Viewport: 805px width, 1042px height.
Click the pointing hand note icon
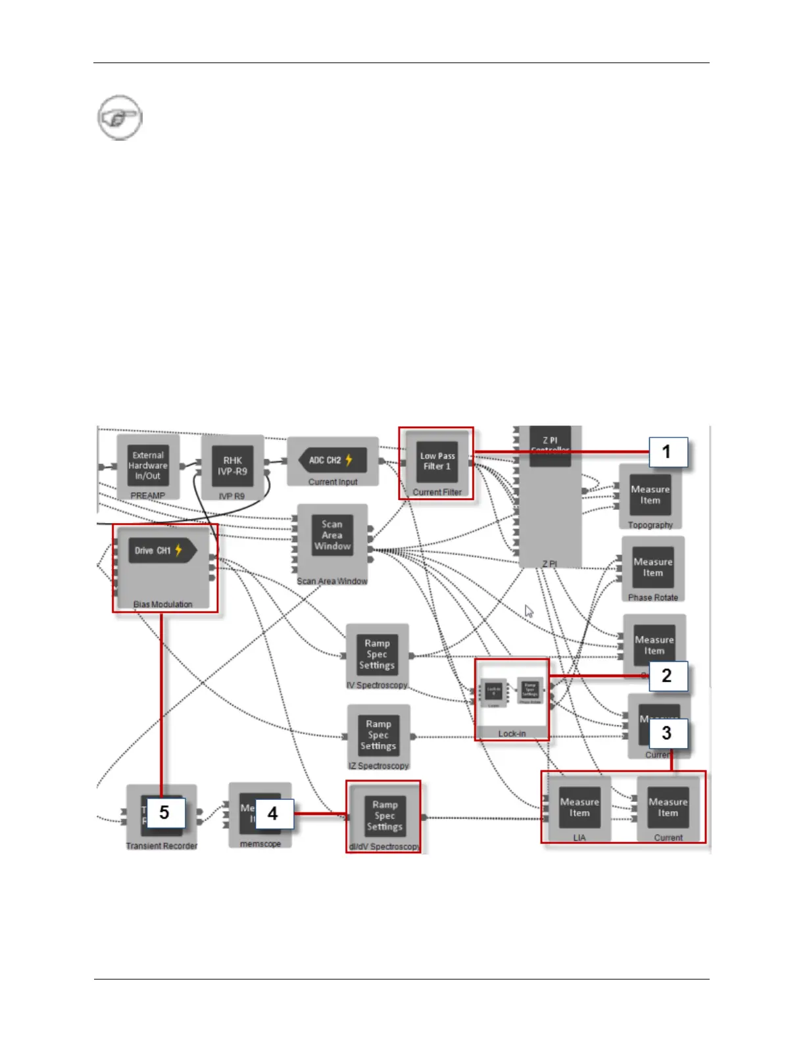pyautogui.click(x=120, y=118)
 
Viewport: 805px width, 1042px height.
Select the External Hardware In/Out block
pyautogui.click(x=148, y=465)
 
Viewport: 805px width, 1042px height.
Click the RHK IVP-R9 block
pyautogui.click(x=232, y=466)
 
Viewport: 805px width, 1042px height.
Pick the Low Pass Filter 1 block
pyautogui.click(x=437, y=461)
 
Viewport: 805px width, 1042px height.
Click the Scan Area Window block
pyautogui.click(x=332, y=535)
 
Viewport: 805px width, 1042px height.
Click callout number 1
pyautogui.click(x=667, y=452)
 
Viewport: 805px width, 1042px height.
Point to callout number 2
pyautogui.click(x=667, y=676)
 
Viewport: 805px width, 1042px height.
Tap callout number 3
pyautogui.click(x=667, y=733)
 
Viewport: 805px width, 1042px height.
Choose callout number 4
pyautogui.click(x=272, y=814)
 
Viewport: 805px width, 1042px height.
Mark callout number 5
pyautogui.click(x=164, y=812)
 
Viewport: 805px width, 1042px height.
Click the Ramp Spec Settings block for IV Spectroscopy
pyautogui.click(x=377, y=654)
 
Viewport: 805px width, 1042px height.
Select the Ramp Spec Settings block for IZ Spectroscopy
pyautogui.click(x=378, y=735)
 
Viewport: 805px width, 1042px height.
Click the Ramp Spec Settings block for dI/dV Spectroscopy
pyautogui.click(x=385, y=816)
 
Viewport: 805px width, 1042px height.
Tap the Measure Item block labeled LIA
pyautogui.click(x=579, y=807)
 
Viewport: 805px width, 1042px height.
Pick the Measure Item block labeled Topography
pyautogui.click(x=650, y=495)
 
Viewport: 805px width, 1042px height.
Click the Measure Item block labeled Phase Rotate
pyautogui.click(x=653, y=567)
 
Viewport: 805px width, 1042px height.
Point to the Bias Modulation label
pyautogui.click(x=162, y=605)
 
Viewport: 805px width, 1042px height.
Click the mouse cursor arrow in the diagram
pyautogui.click(x=529, y=611)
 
